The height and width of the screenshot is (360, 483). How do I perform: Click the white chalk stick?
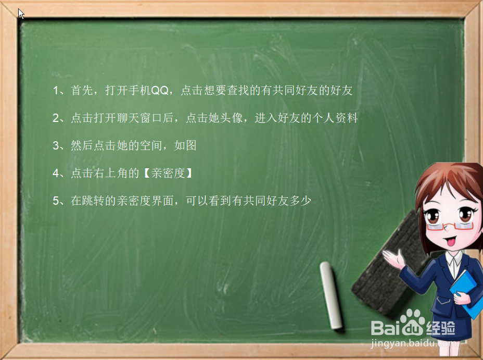333,295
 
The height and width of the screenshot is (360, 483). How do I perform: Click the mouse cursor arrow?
21,14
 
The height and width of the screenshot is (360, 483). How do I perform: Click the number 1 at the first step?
56,91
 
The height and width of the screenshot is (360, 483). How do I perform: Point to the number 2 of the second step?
56,118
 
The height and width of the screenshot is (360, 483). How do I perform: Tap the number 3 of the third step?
56,146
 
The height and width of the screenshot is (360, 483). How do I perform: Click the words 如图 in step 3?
185,146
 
